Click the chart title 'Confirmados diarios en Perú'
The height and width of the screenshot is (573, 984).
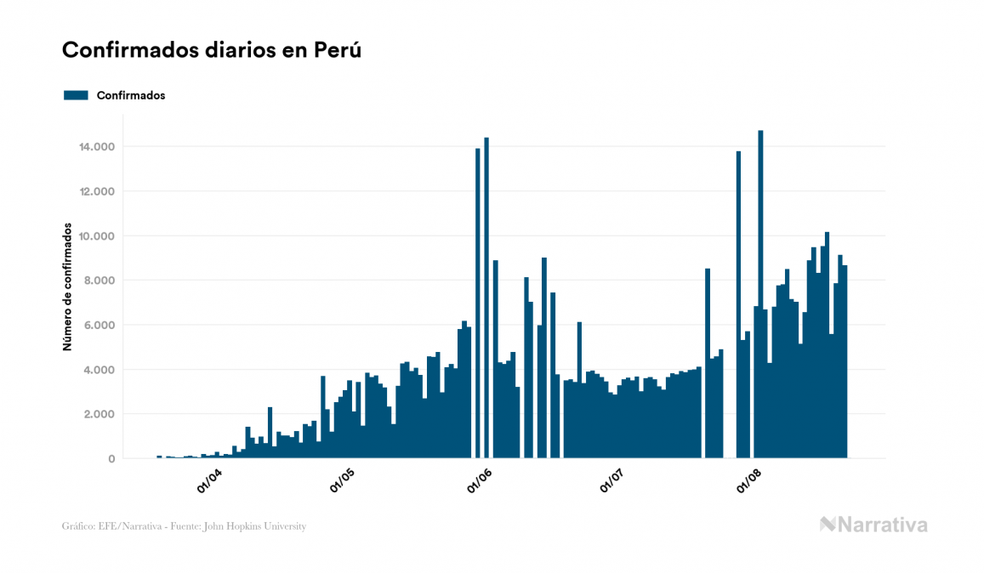point(212,50)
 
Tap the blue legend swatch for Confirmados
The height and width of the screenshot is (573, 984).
point(76,95)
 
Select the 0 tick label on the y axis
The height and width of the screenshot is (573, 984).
point(111,459)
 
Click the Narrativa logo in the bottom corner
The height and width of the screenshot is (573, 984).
point(873,525)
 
